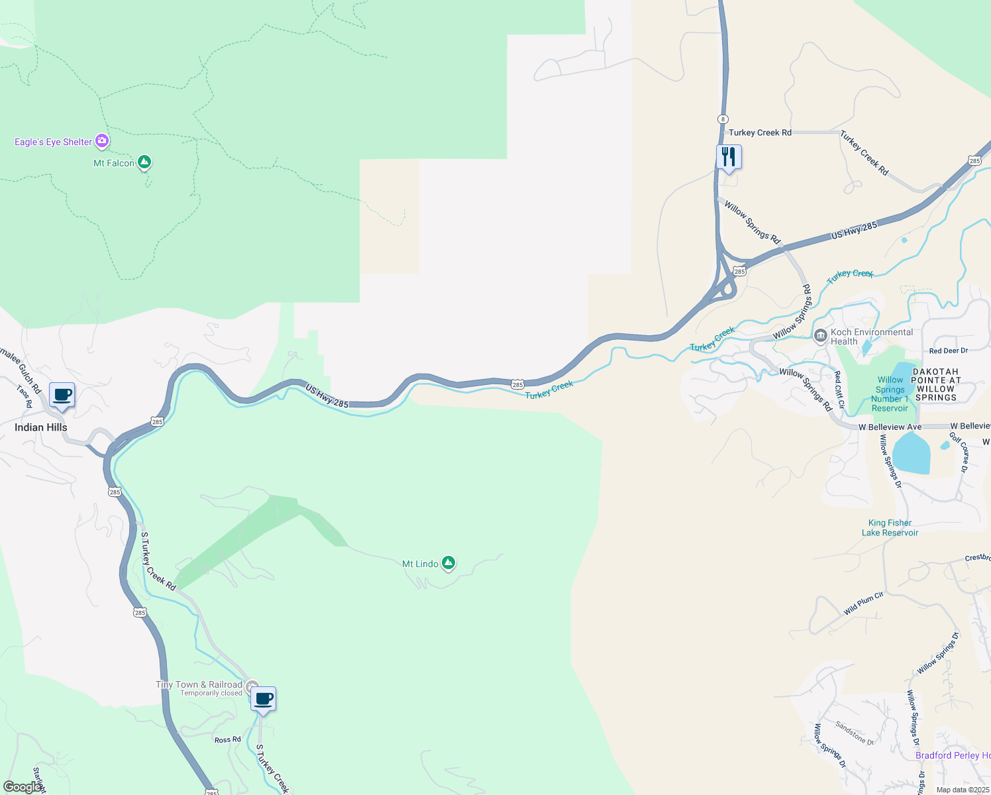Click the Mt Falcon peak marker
point(144,162)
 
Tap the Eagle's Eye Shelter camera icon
point(101,140)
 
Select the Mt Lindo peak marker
point(448,563)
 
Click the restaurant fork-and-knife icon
point(729,158)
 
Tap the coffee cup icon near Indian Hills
point(62,396)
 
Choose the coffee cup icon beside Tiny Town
point(264,699)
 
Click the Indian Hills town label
point(41,427)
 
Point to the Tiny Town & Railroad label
point(199,684)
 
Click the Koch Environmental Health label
point(871,337)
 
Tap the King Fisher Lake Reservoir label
point(890,527)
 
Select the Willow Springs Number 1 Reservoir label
point(890,394)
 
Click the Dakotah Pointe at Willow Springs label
point(935,385)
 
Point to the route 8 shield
point(722,119)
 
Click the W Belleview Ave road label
point(890,427)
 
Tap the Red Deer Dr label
point(948,350)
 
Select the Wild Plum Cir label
point(863,604)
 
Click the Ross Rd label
point(227,739)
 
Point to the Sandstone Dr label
point(854,733)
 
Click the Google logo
point(22,787)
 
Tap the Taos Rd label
point(24,396)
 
